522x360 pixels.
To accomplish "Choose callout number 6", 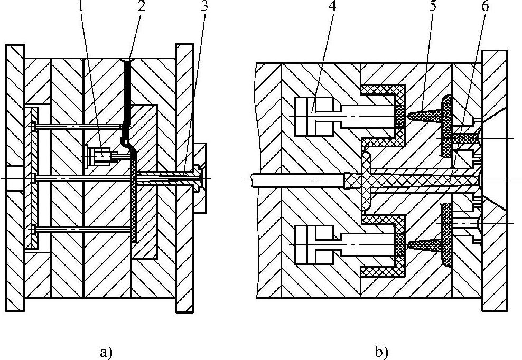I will [x=485, y=8].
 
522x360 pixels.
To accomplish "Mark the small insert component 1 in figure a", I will [x=99, y=156].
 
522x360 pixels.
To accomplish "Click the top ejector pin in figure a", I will [x=79, y=126].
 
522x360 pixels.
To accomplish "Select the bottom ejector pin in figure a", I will [x=79, y=229].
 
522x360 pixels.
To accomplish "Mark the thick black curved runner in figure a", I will [x=127, y=100].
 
